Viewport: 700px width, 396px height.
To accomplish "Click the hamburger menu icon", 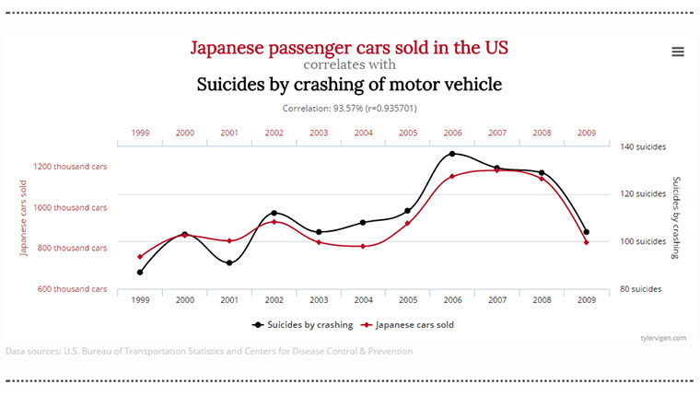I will (x=678, y=52).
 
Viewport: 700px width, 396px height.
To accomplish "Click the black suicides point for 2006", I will (x=452, y=154).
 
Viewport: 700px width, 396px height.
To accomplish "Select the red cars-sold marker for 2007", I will (x=497, y=170).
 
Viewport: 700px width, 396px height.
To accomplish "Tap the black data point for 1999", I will (x=140, y=273).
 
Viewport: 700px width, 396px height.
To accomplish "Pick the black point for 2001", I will (x=229, y=263).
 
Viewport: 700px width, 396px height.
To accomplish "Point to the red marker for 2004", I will (x=363, y=246).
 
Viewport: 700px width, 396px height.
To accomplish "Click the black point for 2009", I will (x=586, y=232).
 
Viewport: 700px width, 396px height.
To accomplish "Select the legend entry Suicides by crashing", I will (x=302, y=324).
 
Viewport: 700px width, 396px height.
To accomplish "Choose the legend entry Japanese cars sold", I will (x=409, y=324).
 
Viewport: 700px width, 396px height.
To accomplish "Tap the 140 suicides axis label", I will (x=643, y=146).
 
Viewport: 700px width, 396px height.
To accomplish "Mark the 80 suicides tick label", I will (x=641, y=289).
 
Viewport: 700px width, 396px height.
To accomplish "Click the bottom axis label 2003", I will (x=319, y=300).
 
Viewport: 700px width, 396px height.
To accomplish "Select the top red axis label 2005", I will (x=408, y=133).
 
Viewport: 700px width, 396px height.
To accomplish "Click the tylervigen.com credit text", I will (x=663, y=338).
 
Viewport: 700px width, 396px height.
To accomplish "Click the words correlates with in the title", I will (x=349, y=65).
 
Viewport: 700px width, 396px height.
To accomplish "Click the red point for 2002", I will (x=274, y=222).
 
